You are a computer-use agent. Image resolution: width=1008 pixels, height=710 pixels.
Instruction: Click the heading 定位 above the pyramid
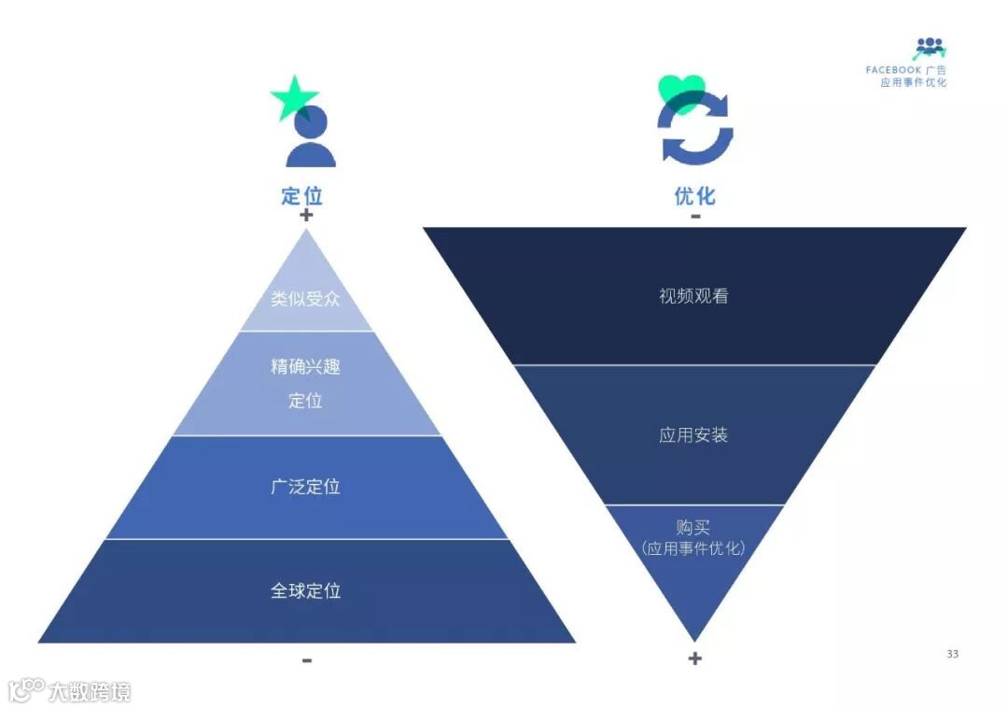point(301,196)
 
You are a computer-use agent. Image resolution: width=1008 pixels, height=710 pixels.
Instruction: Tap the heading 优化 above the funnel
point(694,196)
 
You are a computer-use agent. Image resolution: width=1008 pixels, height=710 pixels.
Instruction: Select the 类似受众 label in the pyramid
point(305,300)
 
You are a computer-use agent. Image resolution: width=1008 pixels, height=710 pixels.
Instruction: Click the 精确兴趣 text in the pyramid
point(305,366)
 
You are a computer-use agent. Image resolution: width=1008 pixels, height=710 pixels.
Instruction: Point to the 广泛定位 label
point(305,487)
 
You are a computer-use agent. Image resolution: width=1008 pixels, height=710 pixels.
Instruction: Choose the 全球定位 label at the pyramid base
point(305,591)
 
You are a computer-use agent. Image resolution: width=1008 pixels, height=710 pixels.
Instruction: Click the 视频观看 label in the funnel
point(693,297)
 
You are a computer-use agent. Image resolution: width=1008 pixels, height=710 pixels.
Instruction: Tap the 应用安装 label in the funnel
point(693,435)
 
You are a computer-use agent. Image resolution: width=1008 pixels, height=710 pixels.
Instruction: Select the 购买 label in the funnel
point(693,528)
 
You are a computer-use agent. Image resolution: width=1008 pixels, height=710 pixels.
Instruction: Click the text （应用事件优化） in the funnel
point(693,548)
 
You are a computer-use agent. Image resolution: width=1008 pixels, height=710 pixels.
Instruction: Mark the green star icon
point(293,99)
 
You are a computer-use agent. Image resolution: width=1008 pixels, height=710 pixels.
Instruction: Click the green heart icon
point(681,92)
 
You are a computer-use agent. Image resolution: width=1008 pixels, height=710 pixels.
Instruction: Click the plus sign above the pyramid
point(306,216)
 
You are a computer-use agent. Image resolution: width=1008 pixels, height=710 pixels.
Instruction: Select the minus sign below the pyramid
point(307,660)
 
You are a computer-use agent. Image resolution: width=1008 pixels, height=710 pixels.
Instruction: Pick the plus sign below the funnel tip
point(694,659)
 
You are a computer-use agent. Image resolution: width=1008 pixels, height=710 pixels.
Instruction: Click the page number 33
point(952,654)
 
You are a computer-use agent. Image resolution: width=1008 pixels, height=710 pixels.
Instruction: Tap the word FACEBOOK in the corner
point(893,70)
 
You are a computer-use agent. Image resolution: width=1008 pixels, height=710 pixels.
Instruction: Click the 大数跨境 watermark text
point(90,692)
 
